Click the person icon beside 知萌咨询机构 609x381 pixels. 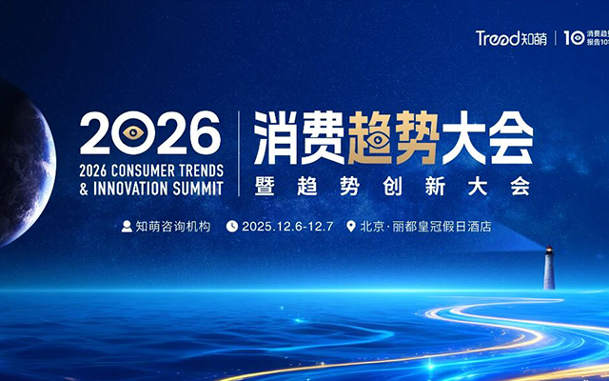[126, 227]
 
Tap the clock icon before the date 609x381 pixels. [231, 227]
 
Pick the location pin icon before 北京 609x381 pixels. [351, 227]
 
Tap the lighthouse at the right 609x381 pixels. [549, 267]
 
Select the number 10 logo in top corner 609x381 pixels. [574, 38]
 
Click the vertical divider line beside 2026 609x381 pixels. [238, 152]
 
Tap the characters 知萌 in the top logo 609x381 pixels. [535, 39]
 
